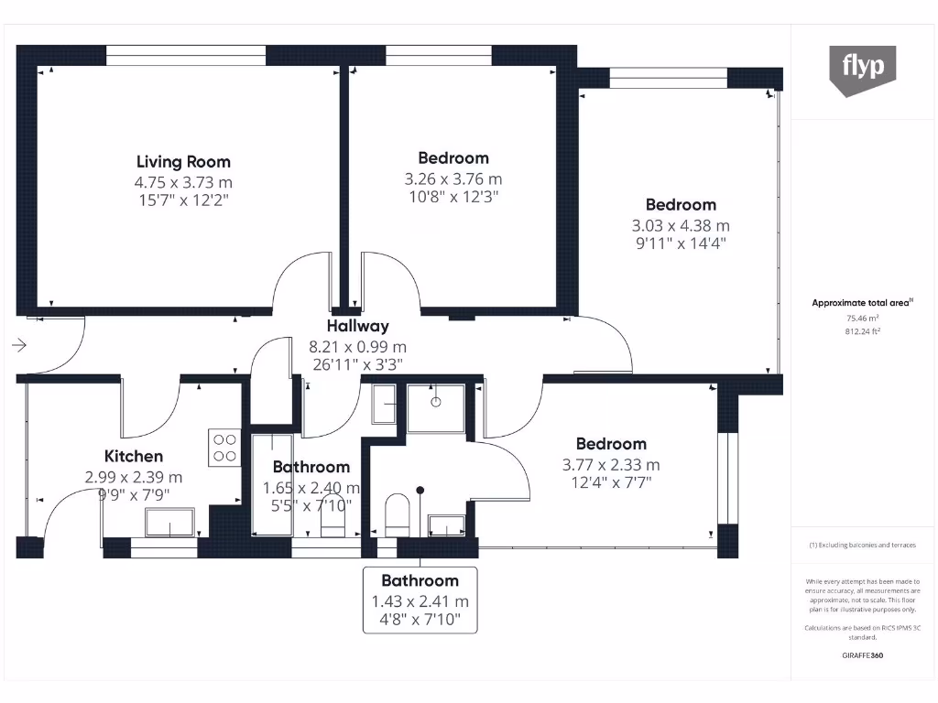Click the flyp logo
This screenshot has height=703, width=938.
(863, 70)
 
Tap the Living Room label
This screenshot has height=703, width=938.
(183, 162)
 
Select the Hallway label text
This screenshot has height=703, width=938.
(358, 327)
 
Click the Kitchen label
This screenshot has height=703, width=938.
(134, 456)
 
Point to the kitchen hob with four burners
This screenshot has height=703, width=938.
(224, 448)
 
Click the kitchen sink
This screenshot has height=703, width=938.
(169, 523)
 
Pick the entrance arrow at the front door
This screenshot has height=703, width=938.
(19, 345)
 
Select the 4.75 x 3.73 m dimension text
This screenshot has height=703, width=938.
(183, 182)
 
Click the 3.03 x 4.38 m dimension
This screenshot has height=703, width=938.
(681, 226)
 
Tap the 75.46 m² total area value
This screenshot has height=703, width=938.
(863, 319)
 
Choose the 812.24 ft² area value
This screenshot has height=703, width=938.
(863, 331)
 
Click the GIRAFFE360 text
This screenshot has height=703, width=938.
(863, 655)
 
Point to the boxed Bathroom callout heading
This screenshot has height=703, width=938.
(420, 581)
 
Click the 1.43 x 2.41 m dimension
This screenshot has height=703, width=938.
(420, 601)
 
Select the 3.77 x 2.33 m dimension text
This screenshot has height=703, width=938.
(611, 465)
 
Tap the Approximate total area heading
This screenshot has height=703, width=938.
(862, 303)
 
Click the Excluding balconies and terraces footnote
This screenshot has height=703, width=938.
(863, 546)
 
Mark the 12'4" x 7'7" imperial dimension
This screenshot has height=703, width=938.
(611, 482)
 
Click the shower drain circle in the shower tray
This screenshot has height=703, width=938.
(435, 403)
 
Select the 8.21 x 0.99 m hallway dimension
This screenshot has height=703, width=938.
(358, 347)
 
